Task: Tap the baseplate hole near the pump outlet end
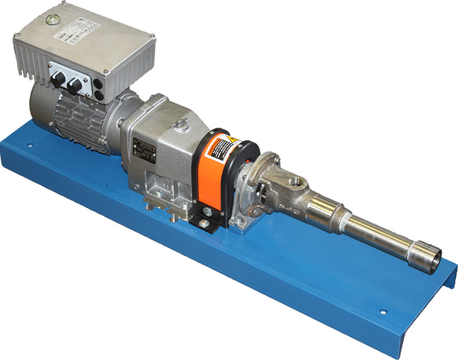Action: (x=382, y=311)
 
